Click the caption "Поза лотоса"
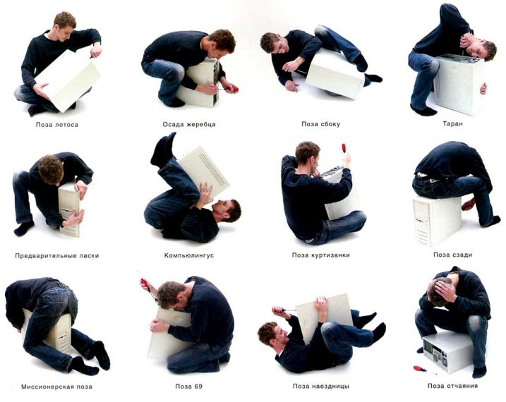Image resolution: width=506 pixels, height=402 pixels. (x=57, y=124)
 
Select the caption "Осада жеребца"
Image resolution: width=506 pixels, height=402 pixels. (x=189, y=124)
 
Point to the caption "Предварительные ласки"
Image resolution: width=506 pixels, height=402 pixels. (x=56, y=255)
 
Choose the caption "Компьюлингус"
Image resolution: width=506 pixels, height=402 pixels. (x=189, y=255)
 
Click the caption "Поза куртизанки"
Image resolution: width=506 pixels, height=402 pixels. (x=321, y=255)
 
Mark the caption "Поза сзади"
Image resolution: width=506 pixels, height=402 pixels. (x=452, y=255)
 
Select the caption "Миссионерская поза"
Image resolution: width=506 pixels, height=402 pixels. (x=56, y=386)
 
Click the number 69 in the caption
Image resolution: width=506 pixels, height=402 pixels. (x=198, y=386)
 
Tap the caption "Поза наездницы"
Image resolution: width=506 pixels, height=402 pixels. (x=321, y=386)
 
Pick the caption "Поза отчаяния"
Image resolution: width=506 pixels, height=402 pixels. (x=452, y=386)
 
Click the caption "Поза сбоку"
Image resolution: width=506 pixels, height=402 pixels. (x=321, y=124)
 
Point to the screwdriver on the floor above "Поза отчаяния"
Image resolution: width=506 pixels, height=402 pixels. (x=419, y=368)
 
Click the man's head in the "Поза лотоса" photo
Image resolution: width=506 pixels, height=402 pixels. (x=64, y=22)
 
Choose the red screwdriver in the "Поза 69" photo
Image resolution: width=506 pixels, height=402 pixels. (x=146, y=285)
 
